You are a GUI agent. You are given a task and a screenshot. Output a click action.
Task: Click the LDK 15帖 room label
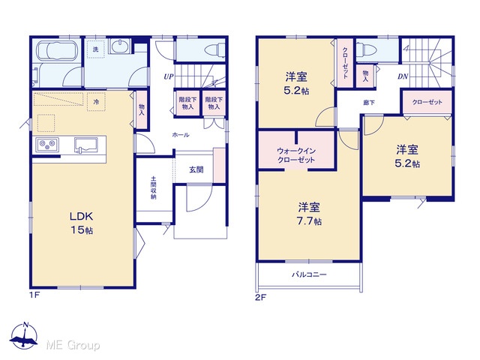(x=82, y=223)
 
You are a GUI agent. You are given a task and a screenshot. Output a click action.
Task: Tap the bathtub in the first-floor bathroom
(x=58, y=50)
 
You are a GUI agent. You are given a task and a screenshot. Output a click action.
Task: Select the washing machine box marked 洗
(x=96, y=49)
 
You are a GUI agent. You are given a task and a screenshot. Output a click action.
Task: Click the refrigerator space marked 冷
(x=96, y=102)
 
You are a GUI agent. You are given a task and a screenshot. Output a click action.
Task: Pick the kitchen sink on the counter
(x=86, y=145)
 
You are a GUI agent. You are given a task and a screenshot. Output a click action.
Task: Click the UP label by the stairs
(x=168, y=76)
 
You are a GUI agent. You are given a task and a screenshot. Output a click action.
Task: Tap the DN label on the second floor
(x=403, y=76)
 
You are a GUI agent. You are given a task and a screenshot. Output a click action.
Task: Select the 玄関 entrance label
(x=196, y=169)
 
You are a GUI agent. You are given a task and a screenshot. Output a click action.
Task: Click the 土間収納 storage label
(x=153, y=187)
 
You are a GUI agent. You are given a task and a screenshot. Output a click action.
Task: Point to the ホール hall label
(x=181, y=135)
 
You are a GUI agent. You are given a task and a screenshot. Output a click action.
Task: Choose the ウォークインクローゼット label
(x=295, y=155)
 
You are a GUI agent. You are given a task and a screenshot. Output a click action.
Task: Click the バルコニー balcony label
(x=309, y=274)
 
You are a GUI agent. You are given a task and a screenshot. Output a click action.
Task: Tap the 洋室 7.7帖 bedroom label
(x=309, y=214)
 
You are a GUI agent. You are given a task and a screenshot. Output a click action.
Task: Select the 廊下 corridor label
(x=369, y=103)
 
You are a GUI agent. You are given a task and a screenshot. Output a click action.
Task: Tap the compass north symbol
(x=24, y=335)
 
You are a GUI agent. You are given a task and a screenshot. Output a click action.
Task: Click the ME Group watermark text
(x=73, y=345)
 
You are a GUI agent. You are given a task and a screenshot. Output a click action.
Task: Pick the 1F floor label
(x=34, y=295)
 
